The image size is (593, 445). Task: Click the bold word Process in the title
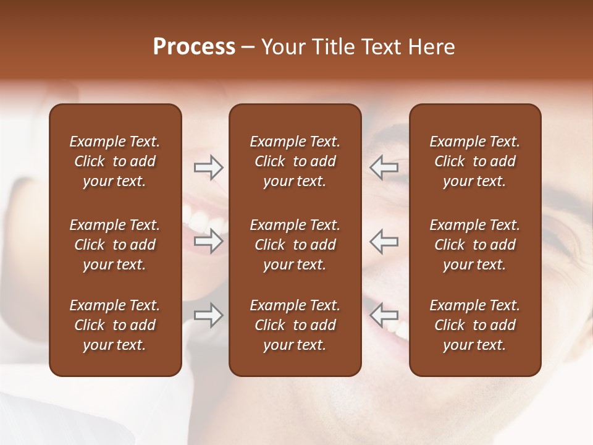(194, 47)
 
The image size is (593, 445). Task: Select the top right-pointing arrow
(209, 167)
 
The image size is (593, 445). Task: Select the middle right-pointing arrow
(209, 241)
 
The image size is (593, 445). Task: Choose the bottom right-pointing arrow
(209, 315)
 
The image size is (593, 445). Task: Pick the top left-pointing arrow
(384, 167)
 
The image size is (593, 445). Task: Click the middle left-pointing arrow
(384, 241)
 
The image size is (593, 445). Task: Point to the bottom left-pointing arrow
(384, 315)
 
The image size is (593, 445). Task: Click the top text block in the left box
(115, 161)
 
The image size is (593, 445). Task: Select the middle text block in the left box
(115, 245)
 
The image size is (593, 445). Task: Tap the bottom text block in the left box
(115, 325)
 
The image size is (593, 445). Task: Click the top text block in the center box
(295, 161)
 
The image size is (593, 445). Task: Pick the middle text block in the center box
(295, 245)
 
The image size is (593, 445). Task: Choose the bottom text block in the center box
(295, 325)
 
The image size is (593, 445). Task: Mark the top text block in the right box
(474, 161)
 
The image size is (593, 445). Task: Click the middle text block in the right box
(474, 245)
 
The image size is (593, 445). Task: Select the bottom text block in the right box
(474, 325)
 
